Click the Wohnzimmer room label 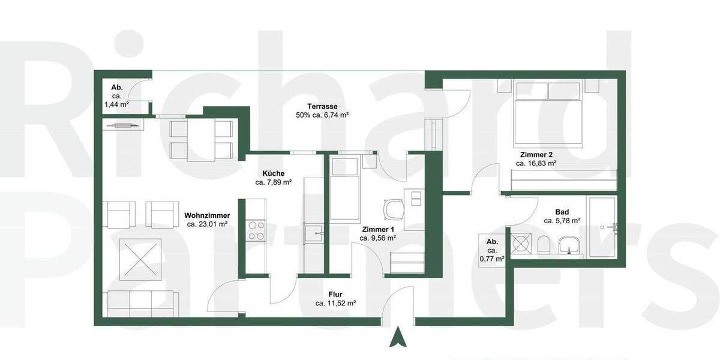click(207, 215)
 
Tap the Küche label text click(273, 173)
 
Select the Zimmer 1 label click(378, 229)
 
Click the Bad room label click(562, 212)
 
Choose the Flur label click(335, 295)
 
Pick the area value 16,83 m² click(538, 163)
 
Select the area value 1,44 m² click(117, 104)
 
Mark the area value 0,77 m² click(491, 259)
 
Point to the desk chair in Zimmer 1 click(394, 209)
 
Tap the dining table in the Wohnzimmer click(202, 139)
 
